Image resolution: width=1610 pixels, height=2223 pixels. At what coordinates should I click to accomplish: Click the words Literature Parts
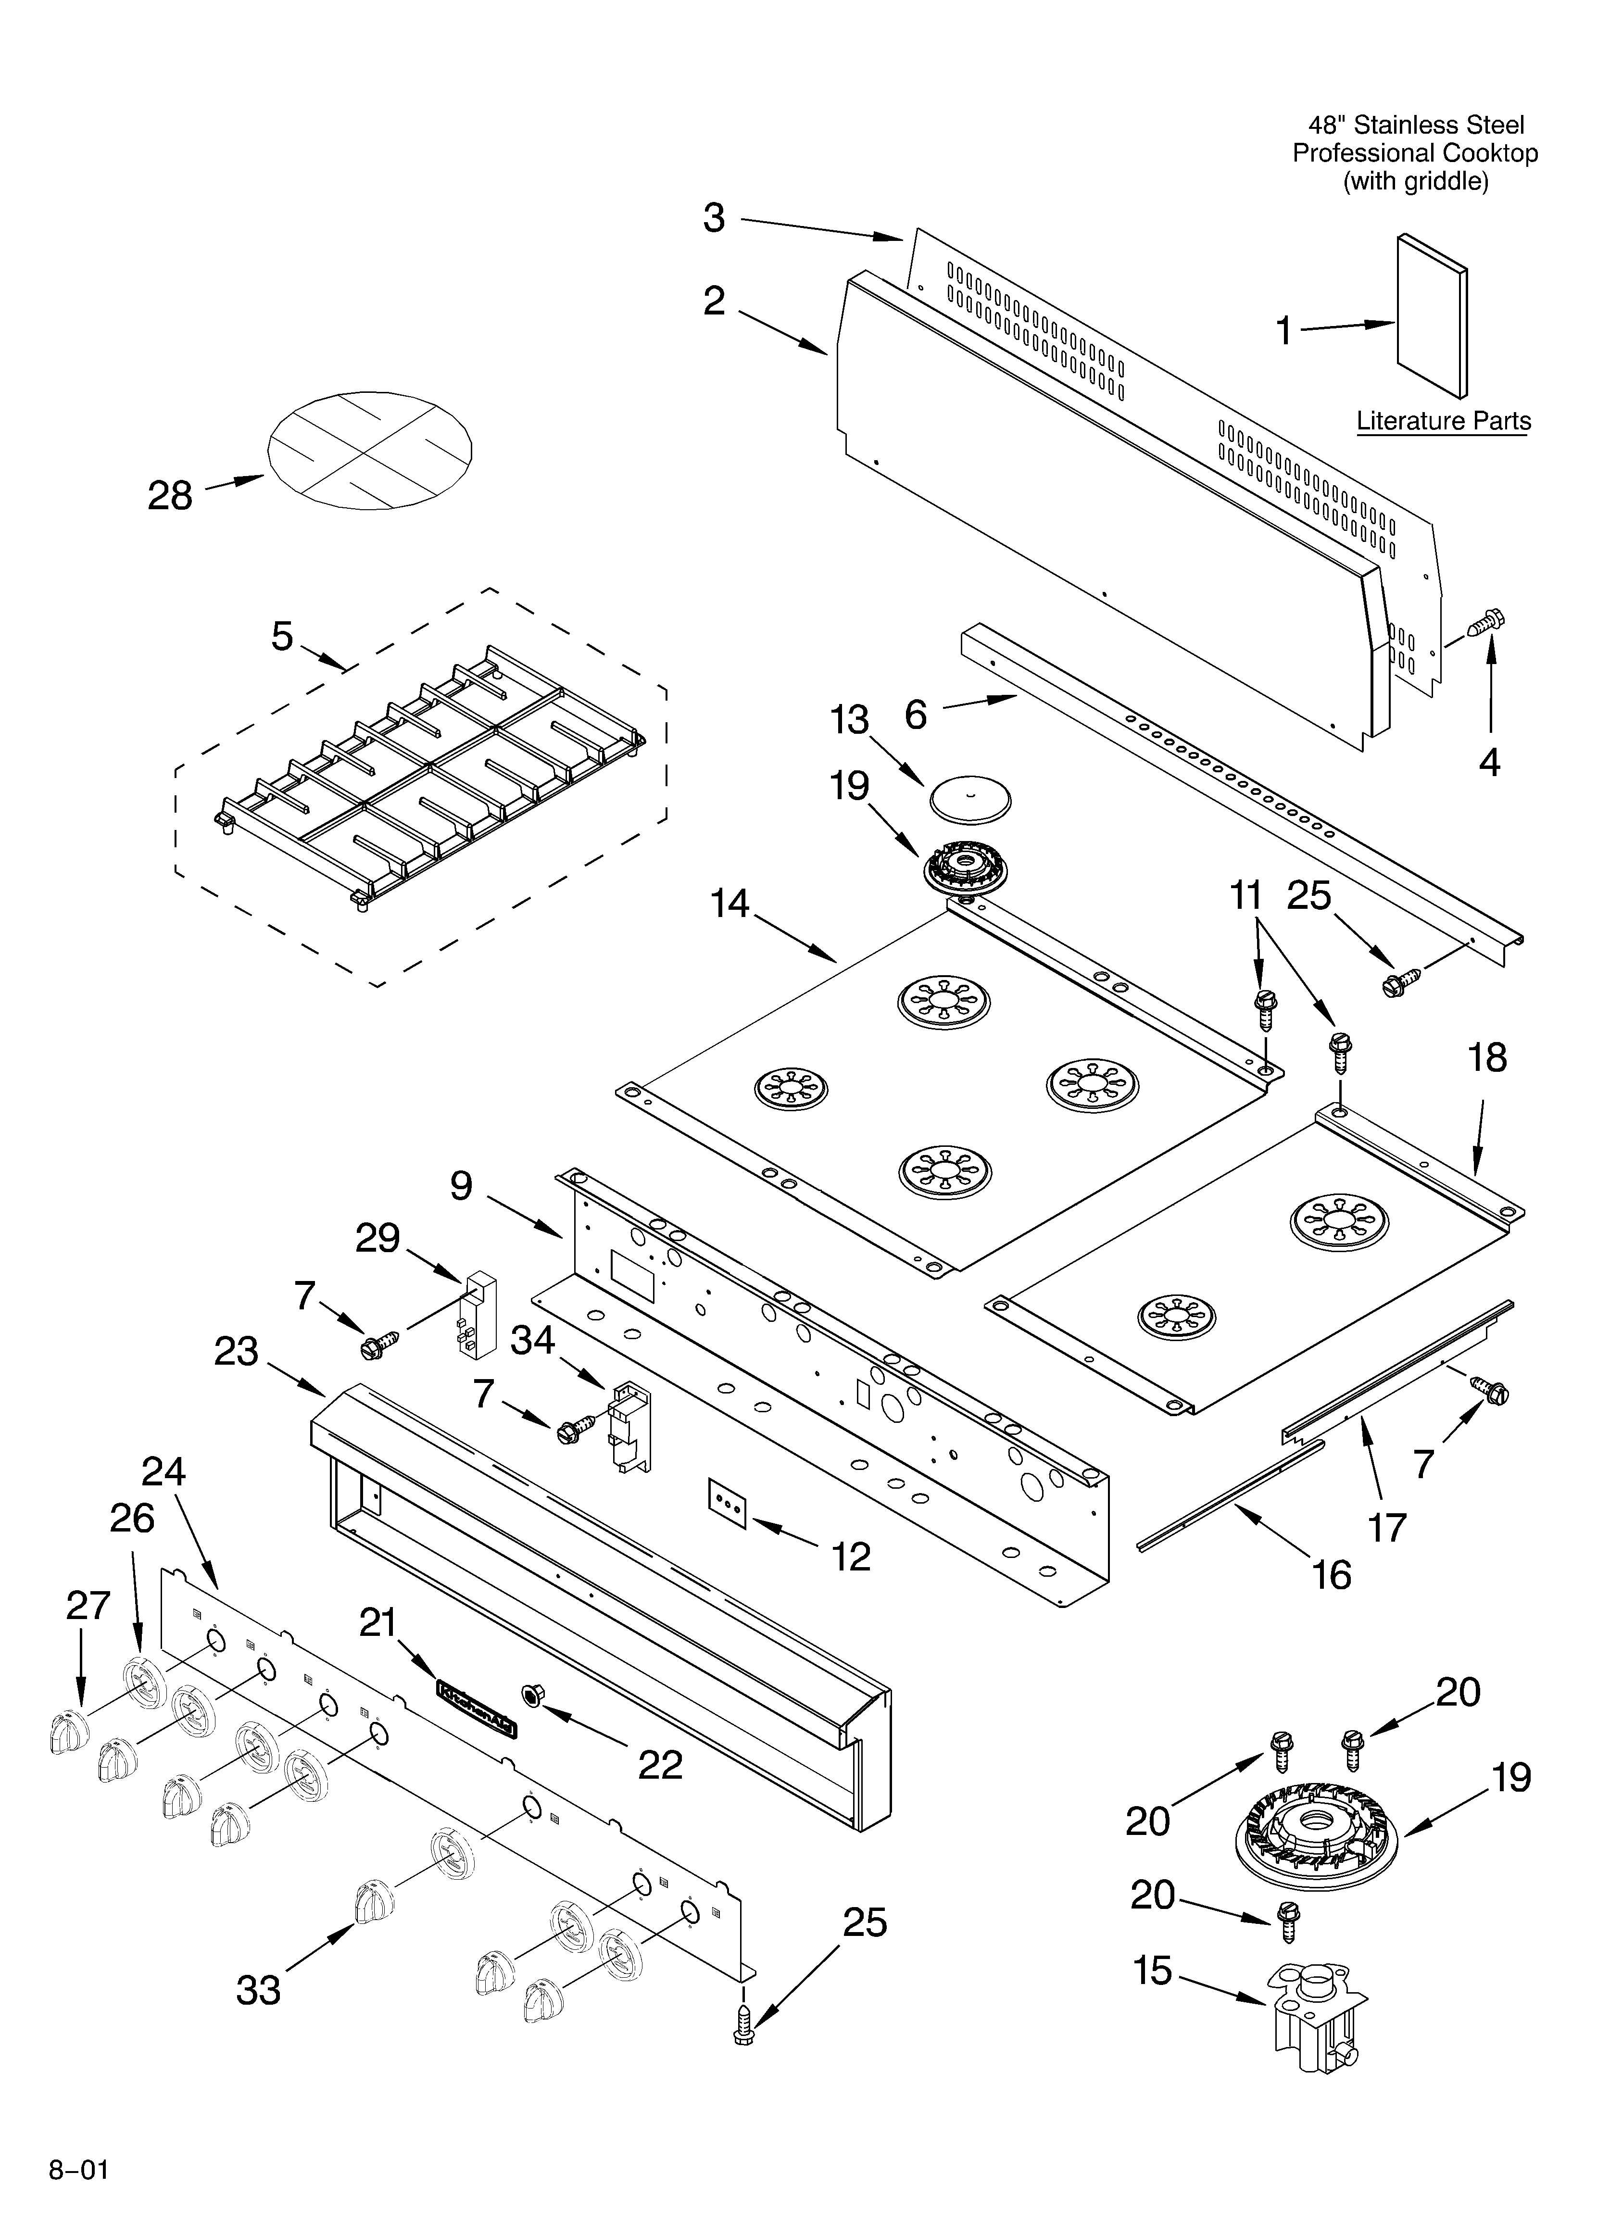coord(1442,421)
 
